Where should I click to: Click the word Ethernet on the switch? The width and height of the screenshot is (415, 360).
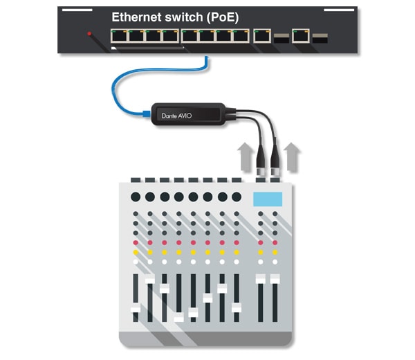pyautogui.click(x=136, y=17)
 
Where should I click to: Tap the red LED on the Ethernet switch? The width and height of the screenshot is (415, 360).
pyautogui.click(x=89, y=34)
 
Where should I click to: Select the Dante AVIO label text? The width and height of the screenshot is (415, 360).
pyautogui.click(x=176, y=116)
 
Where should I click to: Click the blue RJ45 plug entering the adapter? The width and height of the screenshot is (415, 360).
pyautogui.click(x=147, y=114)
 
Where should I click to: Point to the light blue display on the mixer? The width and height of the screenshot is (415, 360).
pyautogui.click(x=268, y=199)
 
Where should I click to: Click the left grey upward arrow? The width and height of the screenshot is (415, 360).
pyautogui.click(x=246, y=157)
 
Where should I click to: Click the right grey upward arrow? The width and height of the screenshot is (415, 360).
pyautogui.click(x=291, y=157)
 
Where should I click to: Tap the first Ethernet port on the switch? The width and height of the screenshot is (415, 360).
pyautogui.click(x=119, y=36)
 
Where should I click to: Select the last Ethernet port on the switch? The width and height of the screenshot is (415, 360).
pyautogui.click(x=301, y=36)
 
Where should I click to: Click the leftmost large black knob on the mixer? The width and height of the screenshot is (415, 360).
pyautogui.click(x=136, y=197)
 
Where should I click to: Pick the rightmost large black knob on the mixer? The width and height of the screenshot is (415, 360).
pyautogui.click(x=237, y=197)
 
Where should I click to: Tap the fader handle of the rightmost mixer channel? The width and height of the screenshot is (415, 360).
pyautogui.click(x=275, y=279)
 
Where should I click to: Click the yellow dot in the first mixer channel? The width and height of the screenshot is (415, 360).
pyautogui.click(x=136, y=252)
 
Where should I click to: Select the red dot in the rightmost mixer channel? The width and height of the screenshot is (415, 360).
pyautogui.click(x=275, y=242)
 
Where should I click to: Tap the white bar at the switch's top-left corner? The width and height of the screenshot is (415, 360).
pyautogui.click(x=77, y=10)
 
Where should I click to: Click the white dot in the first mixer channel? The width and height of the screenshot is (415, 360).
pyautogui.click(x=136, y=262)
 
